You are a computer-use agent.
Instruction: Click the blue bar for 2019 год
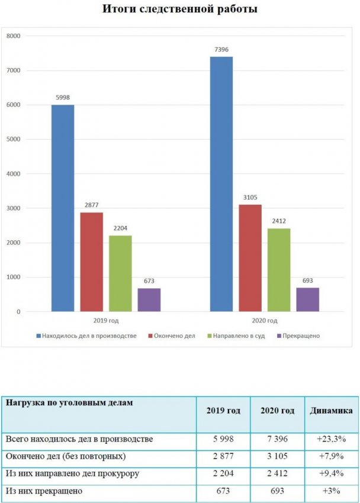(63, 208)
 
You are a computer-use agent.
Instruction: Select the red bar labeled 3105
(250, 257)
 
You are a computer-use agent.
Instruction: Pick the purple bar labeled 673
(149, 299)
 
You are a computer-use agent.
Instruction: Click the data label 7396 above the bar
(221, 50)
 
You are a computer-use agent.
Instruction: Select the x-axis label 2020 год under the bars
(263, 321)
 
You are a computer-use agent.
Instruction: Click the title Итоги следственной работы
(179, 9)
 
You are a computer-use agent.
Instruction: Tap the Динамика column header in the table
(331, 411)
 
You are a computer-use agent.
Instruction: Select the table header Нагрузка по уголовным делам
(69, 403)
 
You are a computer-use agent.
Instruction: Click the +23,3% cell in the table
(331, 439)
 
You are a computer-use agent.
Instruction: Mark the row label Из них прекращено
(44, 491)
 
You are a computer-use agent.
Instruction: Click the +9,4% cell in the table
(331, 474)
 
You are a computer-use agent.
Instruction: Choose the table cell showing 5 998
(223, 439)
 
